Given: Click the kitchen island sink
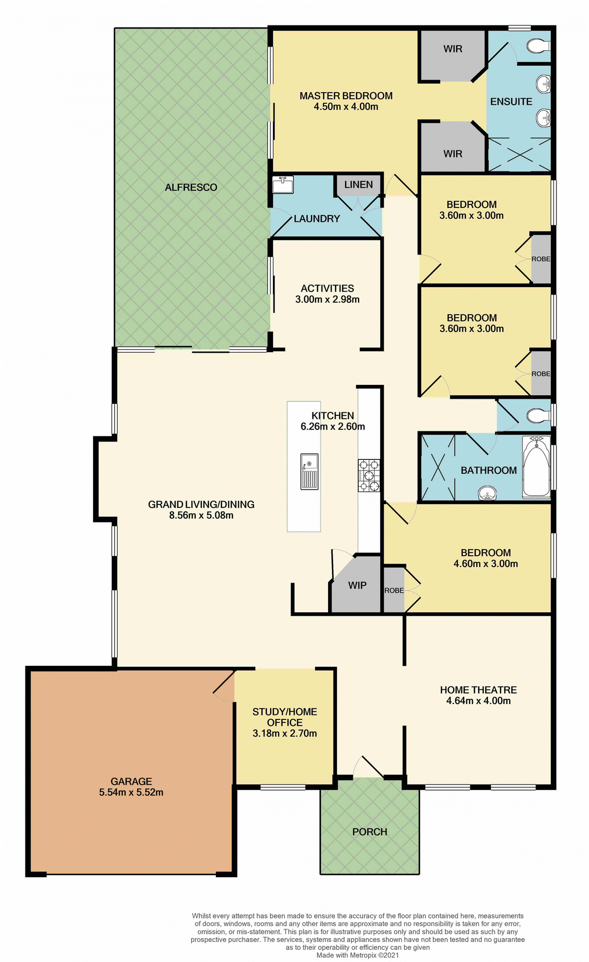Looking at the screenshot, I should (309, 471).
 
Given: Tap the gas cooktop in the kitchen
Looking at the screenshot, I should (369, 475).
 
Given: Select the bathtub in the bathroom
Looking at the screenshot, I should (536, 467).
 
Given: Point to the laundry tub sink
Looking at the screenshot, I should (282, 184).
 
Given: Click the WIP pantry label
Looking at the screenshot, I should (357, 585).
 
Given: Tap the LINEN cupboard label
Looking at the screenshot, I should (359, 184).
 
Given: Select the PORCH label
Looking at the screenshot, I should (370, 832).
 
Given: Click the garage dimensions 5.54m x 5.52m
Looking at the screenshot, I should (131, 792).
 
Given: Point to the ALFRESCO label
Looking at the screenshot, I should (191, 187).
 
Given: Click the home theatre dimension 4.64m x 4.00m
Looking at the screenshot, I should (478, 701).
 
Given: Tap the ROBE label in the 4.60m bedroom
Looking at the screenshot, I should (394, 590).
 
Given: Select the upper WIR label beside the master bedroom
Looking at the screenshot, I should (453, 49).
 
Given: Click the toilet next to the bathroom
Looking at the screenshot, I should (537, 415).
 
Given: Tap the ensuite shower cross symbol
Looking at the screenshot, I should (519, 155).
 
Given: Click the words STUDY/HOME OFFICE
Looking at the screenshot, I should (284, 717).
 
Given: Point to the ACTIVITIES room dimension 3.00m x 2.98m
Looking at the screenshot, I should (328, 300).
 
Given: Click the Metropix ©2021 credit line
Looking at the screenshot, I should (358, 955).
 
